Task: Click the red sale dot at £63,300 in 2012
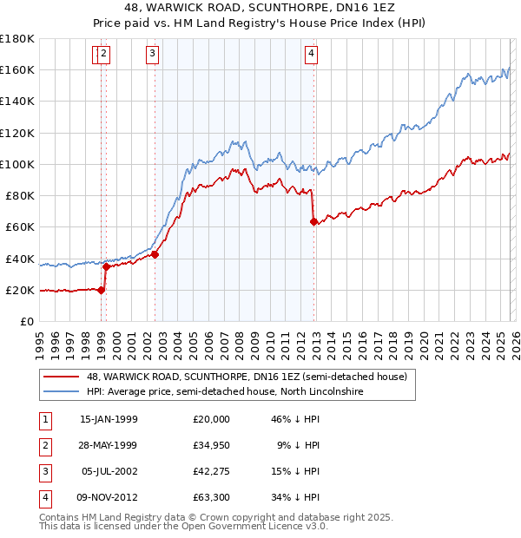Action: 313,221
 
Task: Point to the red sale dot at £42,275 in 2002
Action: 155,254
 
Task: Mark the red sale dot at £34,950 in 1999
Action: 103,266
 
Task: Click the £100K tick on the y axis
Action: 17,164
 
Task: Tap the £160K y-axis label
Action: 17,69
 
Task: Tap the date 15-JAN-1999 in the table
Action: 109,419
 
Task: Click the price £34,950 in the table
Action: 212,445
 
